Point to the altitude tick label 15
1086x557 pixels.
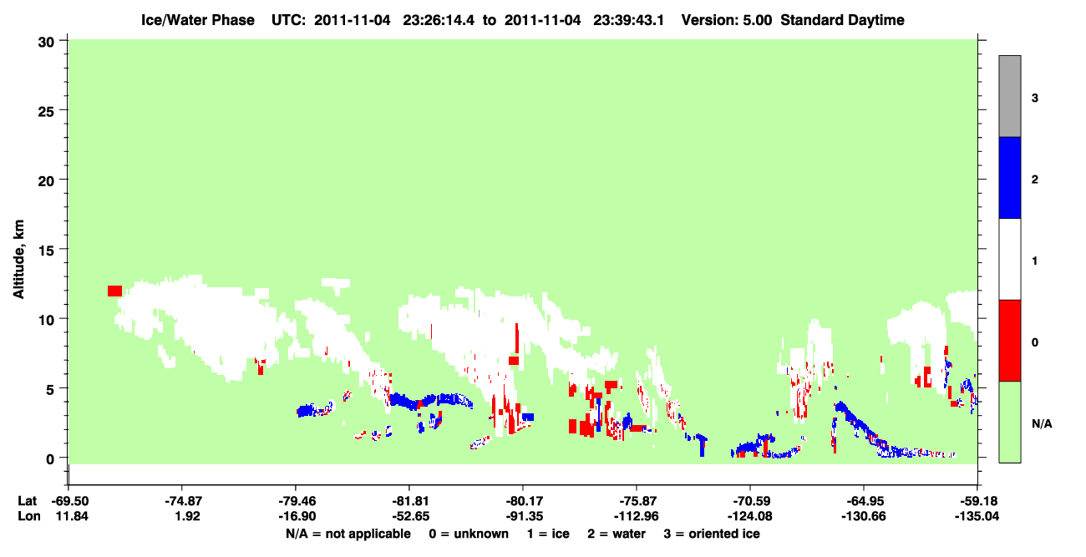pos(46,251)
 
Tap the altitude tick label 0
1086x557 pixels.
pos(50,459)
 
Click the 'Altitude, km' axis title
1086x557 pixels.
pos(18,260)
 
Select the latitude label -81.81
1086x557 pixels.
pos(410,501)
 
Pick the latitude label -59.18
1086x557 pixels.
pos(977,501)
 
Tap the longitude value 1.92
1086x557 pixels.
pos(188,516)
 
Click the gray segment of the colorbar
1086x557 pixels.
pos(1009,96)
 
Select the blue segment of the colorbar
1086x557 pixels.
pos(1009,177)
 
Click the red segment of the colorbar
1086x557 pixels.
pos(1009,341)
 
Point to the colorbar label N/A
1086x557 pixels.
pos(1042,424)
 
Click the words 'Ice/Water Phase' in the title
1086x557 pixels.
pos(198,20)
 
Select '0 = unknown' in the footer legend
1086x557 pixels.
pos(469,534)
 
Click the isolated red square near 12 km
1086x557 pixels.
pos(114,291)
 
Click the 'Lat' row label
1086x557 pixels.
pos(27,501)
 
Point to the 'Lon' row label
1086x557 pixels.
pos(29,516)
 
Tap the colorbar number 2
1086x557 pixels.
pos(1034,180)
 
